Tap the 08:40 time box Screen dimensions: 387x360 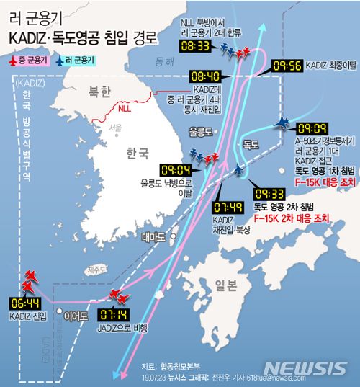pyautogui.click(x=206, y=74)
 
